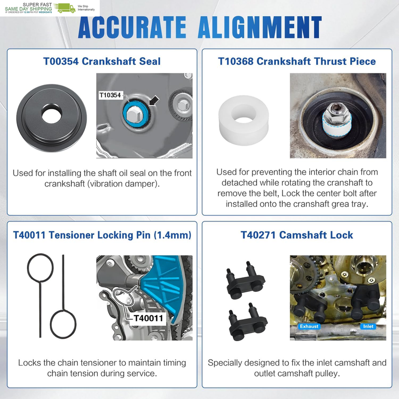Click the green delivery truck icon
[x=65, y=8]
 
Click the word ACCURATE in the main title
[x=132, y=27]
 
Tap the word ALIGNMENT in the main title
[x=260, y=27]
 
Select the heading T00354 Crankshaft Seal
[x=102, y=61]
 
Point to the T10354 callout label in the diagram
[x=110, y=95]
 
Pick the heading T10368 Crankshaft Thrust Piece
[x=297, y=61]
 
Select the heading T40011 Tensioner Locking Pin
[x=102, y=235]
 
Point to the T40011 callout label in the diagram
[x=148, y=318]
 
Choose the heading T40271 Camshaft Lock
[x=297, y=235]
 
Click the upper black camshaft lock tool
[x=246, y=281]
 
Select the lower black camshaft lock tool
[x=247, y=322]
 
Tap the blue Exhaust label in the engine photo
[x=309, y=327]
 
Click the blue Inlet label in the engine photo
[x=368, y=327]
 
